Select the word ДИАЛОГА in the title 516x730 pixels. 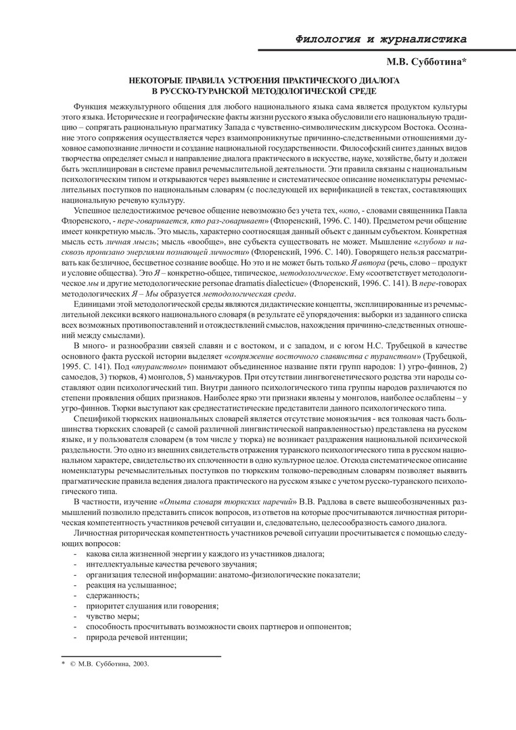click(x=370, y=81)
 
